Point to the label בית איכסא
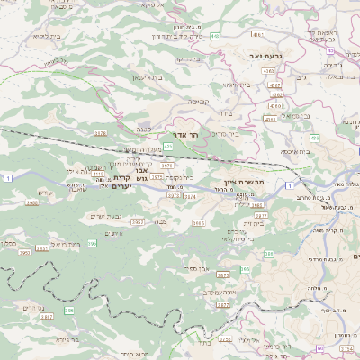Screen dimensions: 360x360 (x=293, y=152)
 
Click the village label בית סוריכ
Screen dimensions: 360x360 (x=223, y=133)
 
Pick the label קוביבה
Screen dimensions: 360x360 (x=199, y=102)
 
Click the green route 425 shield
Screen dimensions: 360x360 (x=168, y=146)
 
